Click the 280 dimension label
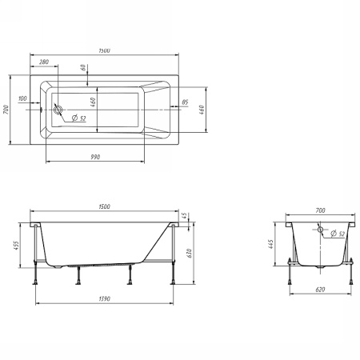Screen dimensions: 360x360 [44, 62]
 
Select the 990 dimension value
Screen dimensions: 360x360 [95, 157]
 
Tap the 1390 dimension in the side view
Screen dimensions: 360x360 [105, 298]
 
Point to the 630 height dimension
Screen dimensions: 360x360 [189, 253]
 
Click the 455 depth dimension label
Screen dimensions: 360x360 [16, 246]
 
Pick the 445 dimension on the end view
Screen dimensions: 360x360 [270, 244]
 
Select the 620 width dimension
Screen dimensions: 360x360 [320, 290]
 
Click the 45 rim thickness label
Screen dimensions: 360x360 [184, 216]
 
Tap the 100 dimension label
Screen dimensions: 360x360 [22, 98]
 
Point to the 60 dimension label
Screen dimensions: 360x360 [84, 67]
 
